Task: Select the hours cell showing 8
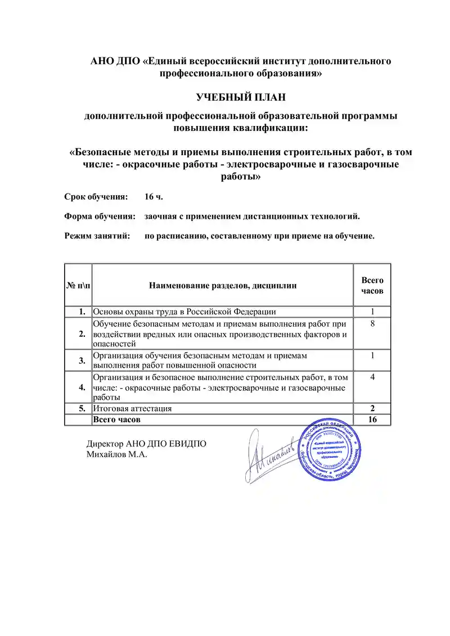click(x=372, y=324)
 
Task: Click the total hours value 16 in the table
click(x=372, y=420)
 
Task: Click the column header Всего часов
click(x=372, y=285)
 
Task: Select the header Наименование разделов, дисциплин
click(x=223, y=286)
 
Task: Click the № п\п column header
click(x=78, y=286)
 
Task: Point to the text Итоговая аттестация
click(x=132, y=409)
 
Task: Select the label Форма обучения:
click(x=99, y=216)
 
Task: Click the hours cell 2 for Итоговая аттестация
click(x=372, y=409)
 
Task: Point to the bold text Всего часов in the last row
click(x=116, y=420)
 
